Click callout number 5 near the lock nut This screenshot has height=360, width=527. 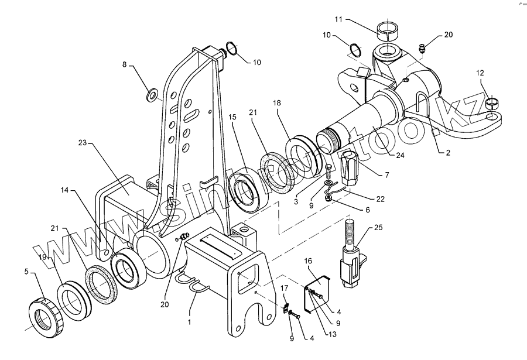click(26, 271)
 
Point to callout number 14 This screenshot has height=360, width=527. click(63, 191)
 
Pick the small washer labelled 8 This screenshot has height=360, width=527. click(153, 94)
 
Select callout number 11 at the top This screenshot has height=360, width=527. click(339, 20)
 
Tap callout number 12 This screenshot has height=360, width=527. click(480, 73)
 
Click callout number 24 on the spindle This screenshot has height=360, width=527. click(400, 155)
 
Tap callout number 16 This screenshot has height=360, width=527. click(308, 260)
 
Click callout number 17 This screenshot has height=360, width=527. click(285, 288)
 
